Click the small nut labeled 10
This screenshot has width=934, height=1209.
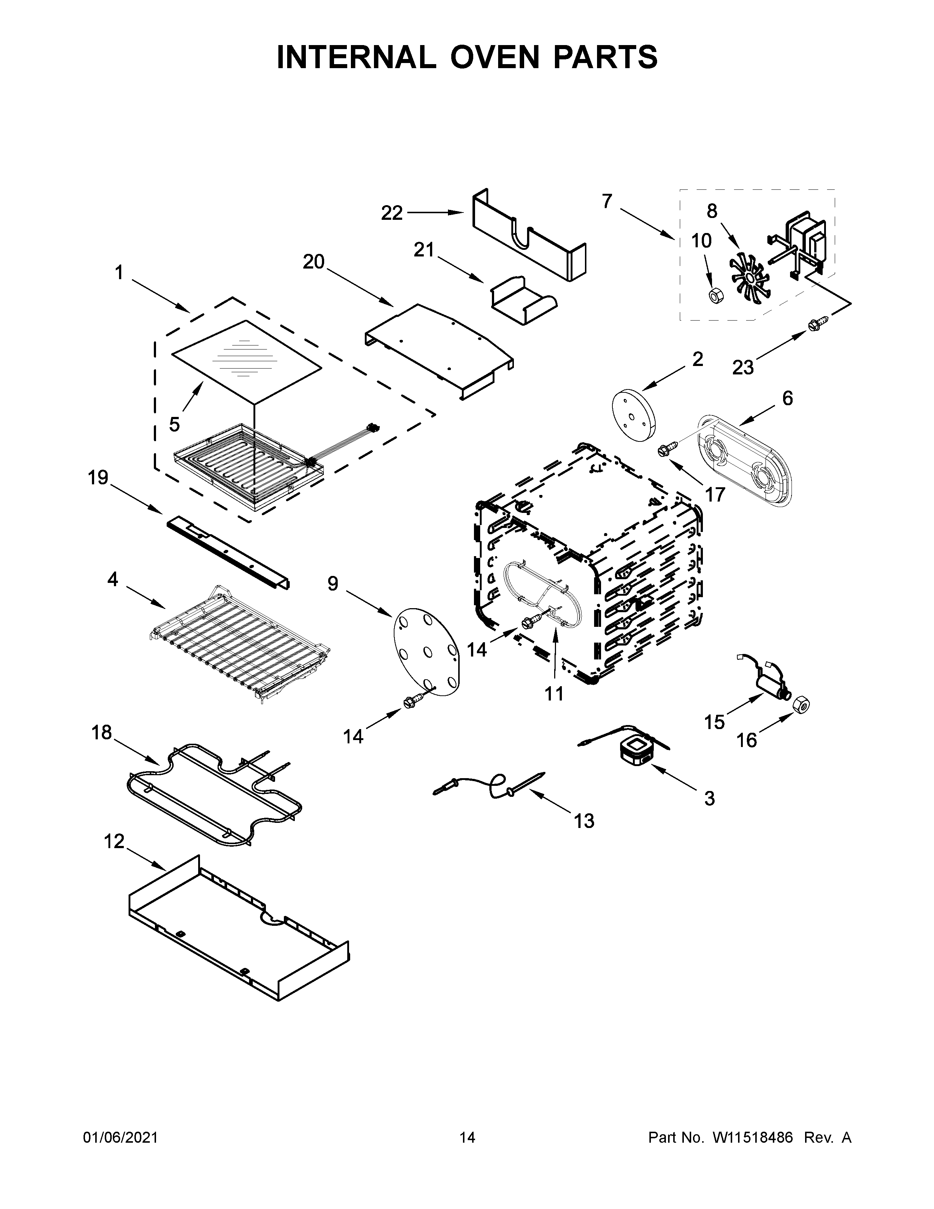pyautogui.click(x=714, y=296)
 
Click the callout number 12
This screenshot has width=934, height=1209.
pyautogui.click(x=115, y=842)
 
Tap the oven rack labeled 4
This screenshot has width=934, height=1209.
pyautogui.click(x=238, y=642)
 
